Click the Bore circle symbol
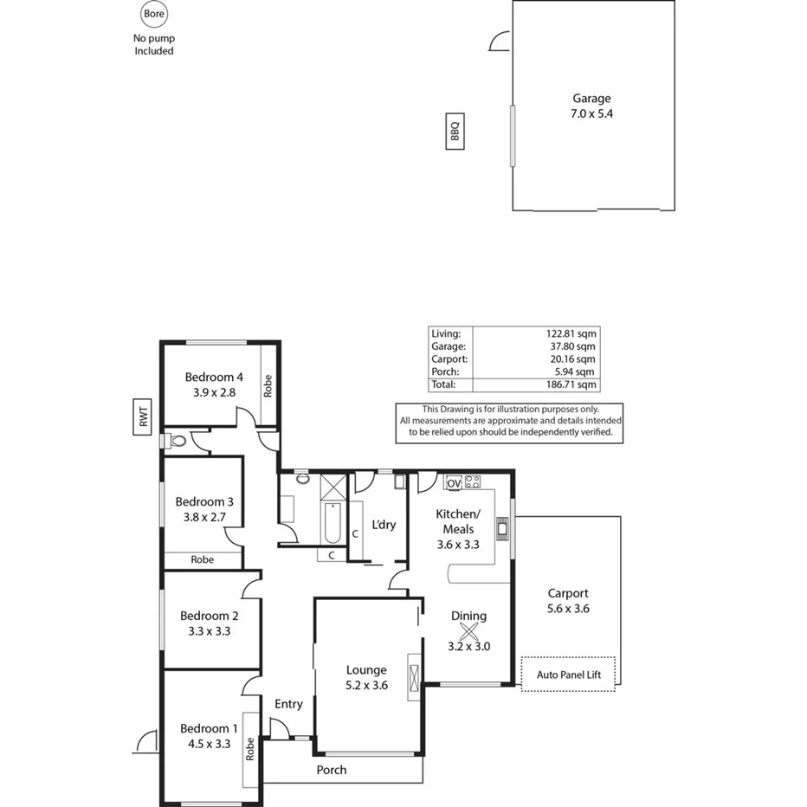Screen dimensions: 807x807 click(x=153, y=15)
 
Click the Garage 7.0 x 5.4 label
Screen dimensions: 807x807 click(x=592, y=107)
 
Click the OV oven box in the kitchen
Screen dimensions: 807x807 click(x=454, y=482)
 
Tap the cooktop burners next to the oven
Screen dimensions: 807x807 click(x=473, y=482)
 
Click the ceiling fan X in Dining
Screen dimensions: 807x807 click(x=468, y=633)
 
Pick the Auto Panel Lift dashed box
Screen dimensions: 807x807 click(x=570, y=674)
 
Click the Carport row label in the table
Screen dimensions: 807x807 click(x=449, y=358)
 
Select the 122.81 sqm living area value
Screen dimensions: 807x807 click(x=574, y=332)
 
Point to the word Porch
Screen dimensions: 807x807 click(x=332, y=770)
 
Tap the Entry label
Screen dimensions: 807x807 click(x=288, y=704)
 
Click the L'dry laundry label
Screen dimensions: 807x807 click(x=384, y=525)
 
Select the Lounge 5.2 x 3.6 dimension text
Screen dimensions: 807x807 click(x=366, y=685)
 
